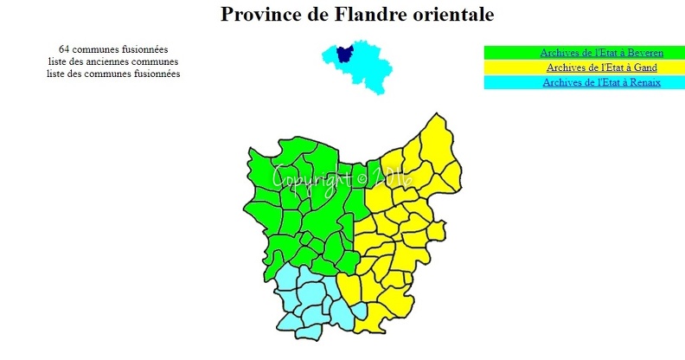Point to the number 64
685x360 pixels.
click(65, 49)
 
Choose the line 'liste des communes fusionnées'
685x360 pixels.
click(113, 74)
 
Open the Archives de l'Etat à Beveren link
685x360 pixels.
click(601, 53)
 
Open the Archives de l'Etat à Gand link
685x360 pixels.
click(601, 67)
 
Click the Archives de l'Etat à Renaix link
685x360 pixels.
click(601, 82)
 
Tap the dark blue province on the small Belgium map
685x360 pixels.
click(344, 53)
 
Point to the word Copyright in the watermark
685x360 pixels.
click(311, 177)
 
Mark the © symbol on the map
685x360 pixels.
click(361, 177)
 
